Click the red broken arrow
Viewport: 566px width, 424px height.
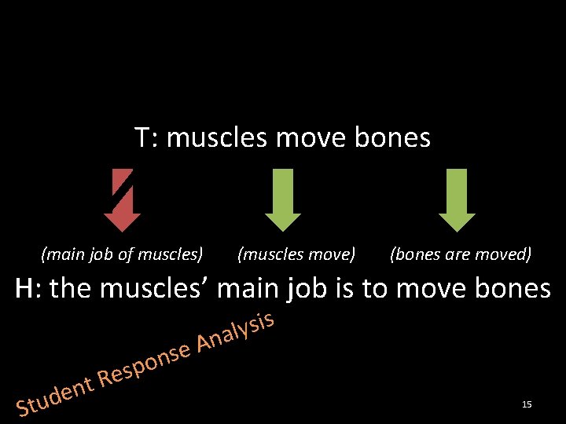coord(122,199)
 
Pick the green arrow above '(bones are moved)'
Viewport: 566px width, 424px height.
coord(457,199)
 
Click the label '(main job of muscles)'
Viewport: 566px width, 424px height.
coord(122,254)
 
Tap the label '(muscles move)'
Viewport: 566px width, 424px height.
coord(296,254)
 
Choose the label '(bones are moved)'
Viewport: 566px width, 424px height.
coord(461,254)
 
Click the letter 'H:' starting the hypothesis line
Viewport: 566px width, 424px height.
coord(29,289)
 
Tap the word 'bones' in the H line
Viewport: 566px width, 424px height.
coord(510,289)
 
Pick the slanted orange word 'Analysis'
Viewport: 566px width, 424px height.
coord(234,333)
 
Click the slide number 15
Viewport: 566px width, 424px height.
coord(527,404)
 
